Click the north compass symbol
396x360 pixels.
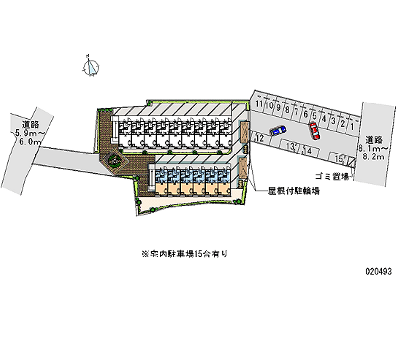92,66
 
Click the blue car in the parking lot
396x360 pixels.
278,130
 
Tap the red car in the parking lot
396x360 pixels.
314,131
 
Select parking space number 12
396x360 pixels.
259,138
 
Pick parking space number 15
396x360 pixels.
339,159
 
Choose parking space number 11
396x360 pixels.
259,103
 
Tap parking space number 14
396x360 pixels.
307,151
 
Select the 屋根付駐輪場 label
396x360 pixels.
293,190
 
